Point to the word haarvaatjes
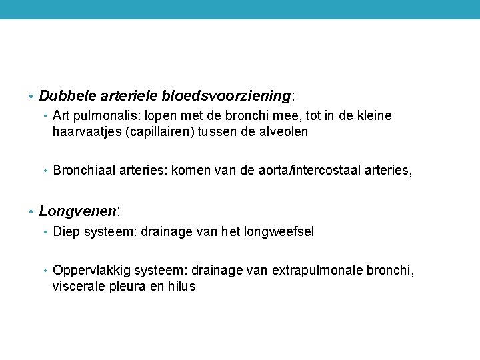click(86, 131)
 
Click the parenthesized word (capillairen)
click(159, 131)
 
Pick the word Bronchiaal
click(85, 171)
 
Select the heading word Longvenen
click(77, 211)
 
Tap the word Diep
click(65, 231)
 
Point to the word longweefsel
click(281, 231)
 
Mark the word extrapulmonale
click(317, 271)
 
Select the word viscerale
click(81, 286)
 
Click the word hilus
click(182, 286)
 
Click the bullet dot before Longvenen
click(31, 213)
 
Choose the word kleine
click(375, 116)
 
